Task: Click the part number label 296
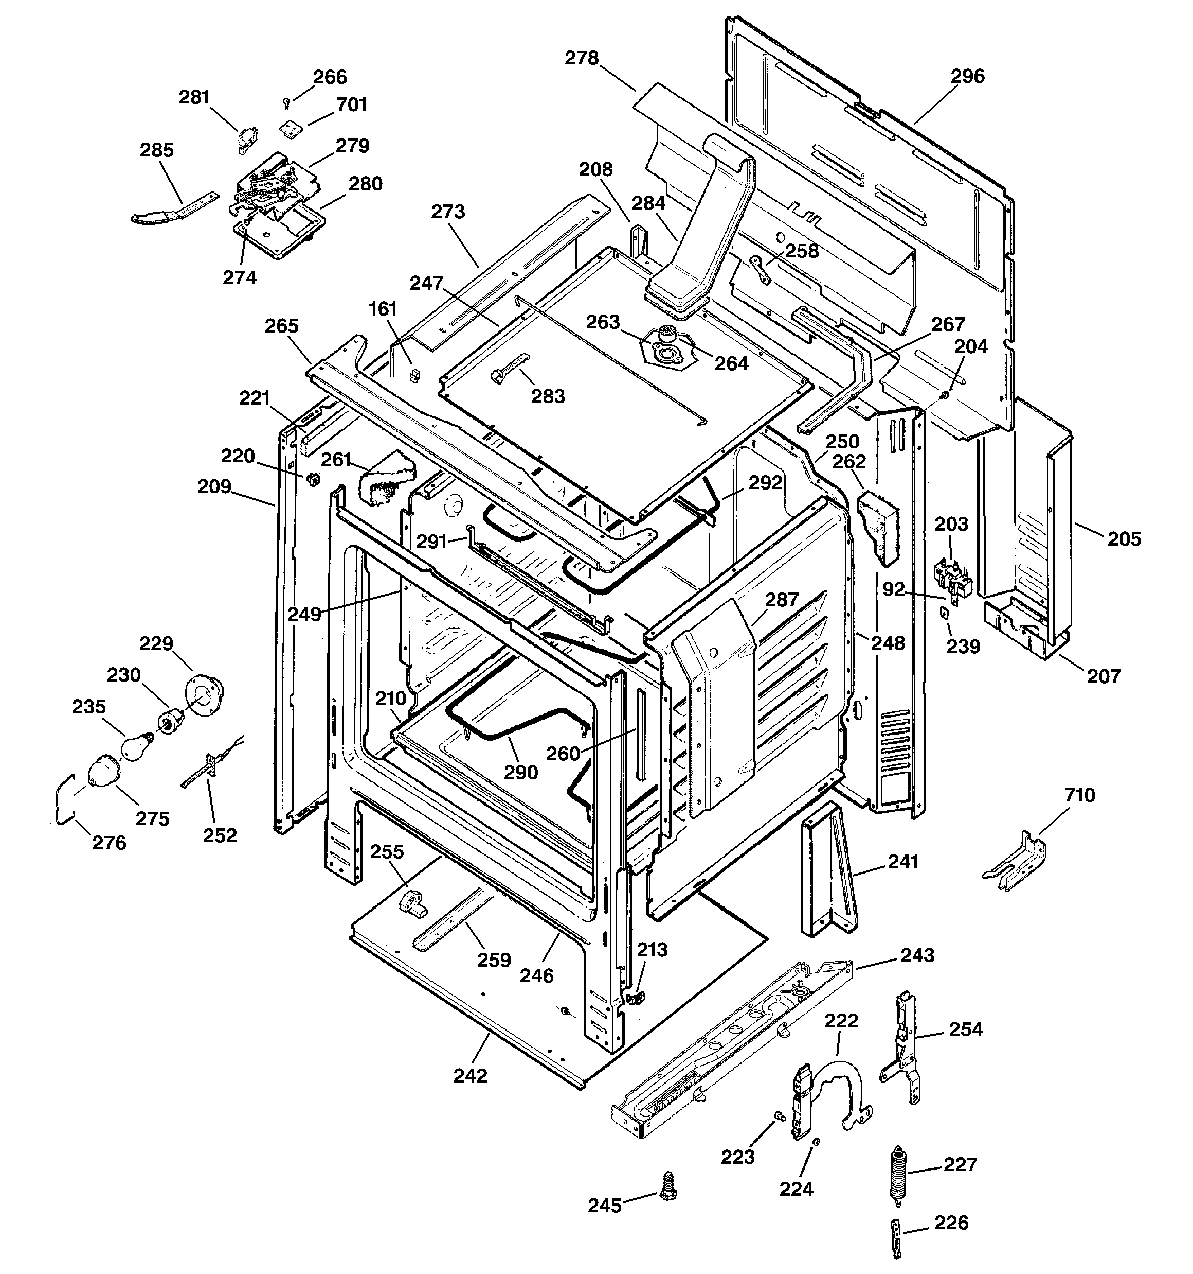[967, 76]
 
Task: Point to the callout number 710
[1080, 795]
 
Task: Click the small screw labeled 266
[287, 102]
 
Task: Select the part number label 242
[471, 1076]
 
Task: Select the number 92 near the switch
[893, 588]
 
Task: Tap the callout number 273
[447, 212]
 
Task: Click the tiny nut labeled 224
[817, 1142]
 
